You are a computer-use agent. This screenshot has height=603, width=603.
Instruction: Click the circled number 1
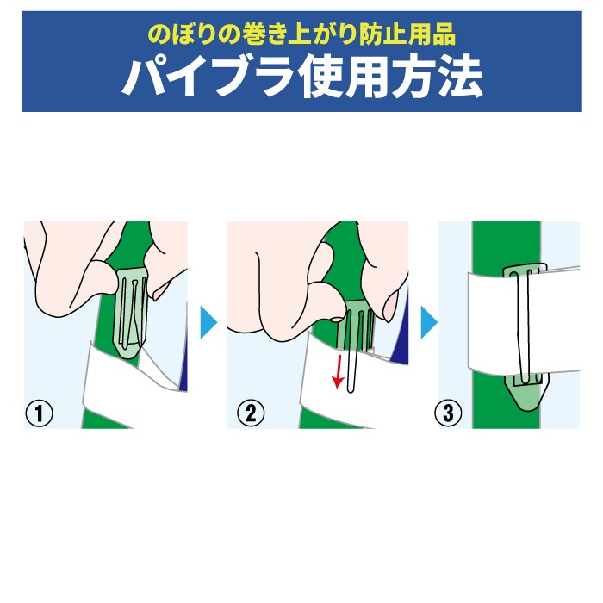[x=39, y=413]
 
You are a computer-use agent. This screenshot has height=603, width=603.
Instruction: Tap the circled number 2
[x=251, y=413]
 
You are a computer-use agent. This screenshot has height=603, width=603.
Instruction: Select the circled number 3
[x=448, y=413]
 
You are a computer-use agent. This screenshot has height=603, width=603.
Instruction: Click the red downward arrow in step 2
[x=339, y=372]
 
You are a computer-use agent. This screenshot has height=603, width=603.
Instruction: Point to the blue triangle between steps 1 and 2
[x=208, y=322]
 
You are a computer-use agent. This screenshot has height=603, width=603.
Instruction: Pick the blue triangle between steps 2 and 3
[x=428, y=322]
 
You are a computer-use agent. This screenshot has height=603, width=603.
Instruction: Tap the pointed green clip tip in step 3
[x=526, y=396]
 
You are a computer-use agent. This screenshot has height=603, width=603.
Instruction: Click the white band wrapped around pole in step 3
[x=523, y=321]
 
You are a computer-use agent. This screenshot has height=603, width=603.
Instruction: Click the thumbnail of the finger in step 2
[x=389, y=307]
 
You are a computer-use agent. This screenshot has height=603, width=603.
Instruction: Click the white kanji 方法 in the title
[x=438, y=78]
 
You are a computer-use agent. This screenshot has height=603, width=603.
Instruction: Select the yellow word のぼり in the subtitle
[x=182, y=35]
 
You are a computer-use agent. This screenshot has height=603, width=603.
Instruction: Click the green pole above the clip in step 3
[x=507, y=243]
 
